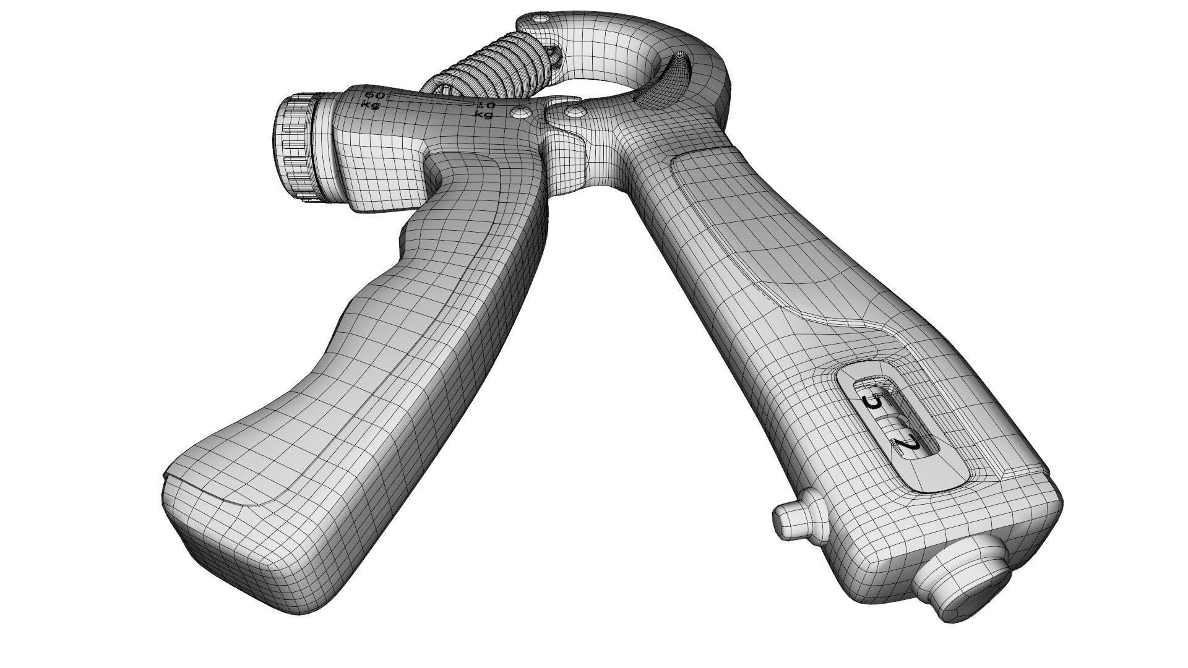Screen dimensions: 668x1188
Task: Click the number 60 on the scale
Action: (374, 95)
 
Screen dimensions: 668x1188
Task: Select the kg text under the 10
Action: (483, 114)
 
